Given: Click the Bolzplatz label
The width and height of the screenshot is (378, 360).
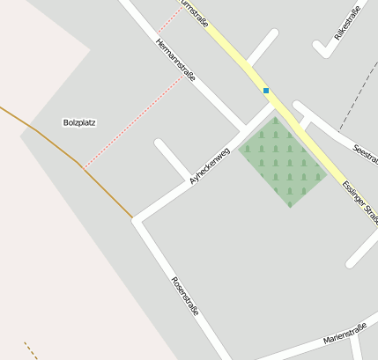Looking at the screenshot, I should [79, 122].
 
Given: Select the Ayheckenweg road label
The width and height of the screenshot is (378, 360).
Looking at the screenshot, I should [209, 165].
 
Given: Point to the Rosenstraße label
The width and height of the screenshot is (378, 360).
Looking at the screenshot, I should [184, 298].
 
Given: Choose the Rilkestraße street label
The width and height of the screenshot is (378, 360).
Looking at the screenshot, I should [347, 24].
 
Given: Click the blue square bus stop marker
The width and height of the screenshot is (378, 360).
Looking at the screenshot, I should [265, 90].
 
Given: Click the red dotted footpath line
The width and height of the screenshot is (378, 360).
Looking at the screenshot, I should [132, 122].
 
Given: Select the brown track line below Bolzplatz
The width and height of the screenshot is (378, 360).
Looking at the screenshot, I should [106, 189].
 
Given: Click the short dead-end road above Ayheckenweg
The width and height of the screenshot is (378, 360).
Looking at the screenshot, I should [172, 158].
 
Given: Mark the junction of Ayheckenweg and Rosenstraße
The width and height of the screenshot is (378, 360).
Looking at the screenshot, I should [137, 220].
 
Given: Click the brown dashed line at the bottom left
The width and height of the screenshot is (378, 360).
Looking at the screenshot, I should [31, 350].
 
